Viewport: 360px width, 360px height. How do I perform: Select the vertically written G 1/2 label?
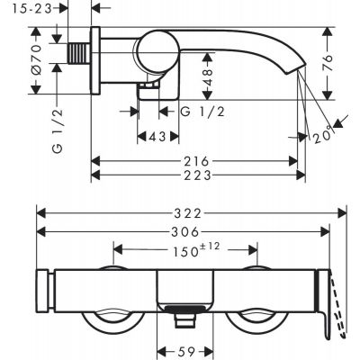click(x=56, y=128)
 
